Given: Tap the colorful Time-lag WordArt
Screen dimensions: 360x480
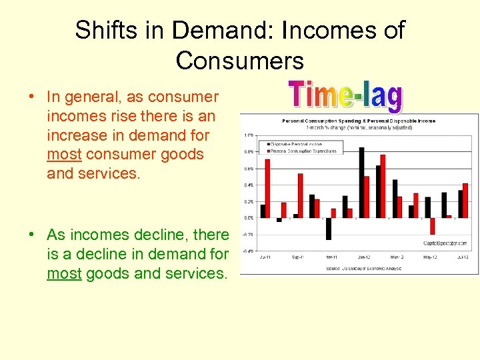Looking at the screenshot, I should (345, 96).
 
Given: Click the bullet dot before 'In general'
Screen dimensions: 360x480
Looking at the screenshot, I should (32, 97).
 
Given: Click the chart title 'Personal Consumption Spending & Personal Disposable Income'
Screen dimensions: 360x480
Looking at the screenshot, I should (358, 121).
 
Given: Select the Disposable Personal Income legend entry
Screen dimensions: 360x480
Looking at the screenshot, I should (297, 143).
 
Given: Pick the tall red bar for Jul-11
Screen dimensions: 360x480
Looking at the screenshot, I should (268, 188).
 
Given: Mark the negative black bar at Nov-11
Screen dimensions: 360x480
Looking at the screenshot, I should (329, 228).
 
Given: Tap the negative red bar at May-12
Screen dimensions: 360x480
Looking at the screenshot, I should (432, 225).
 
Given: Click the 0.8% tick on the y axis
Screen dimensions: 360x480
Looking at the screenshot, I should (248, 151).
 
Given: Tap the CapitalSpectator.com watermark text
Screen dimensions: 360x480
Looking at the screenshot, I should (445, 243).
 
